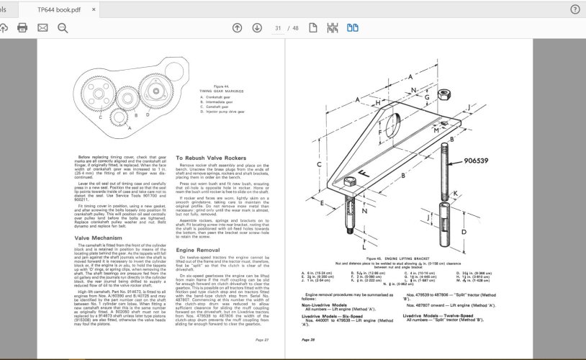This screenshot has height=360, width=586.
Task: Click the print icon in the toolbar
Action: pos(22,28)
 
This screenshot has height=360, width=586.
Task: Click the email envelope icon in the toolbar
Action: pos(42,28)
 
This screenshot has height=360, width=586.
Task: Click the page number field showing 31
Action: pos(277,28)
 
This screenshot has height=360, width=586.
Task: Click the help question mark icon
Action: pos(574,9)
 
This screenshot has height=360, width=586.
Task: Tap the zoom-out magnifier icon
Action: pos(63,28)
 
